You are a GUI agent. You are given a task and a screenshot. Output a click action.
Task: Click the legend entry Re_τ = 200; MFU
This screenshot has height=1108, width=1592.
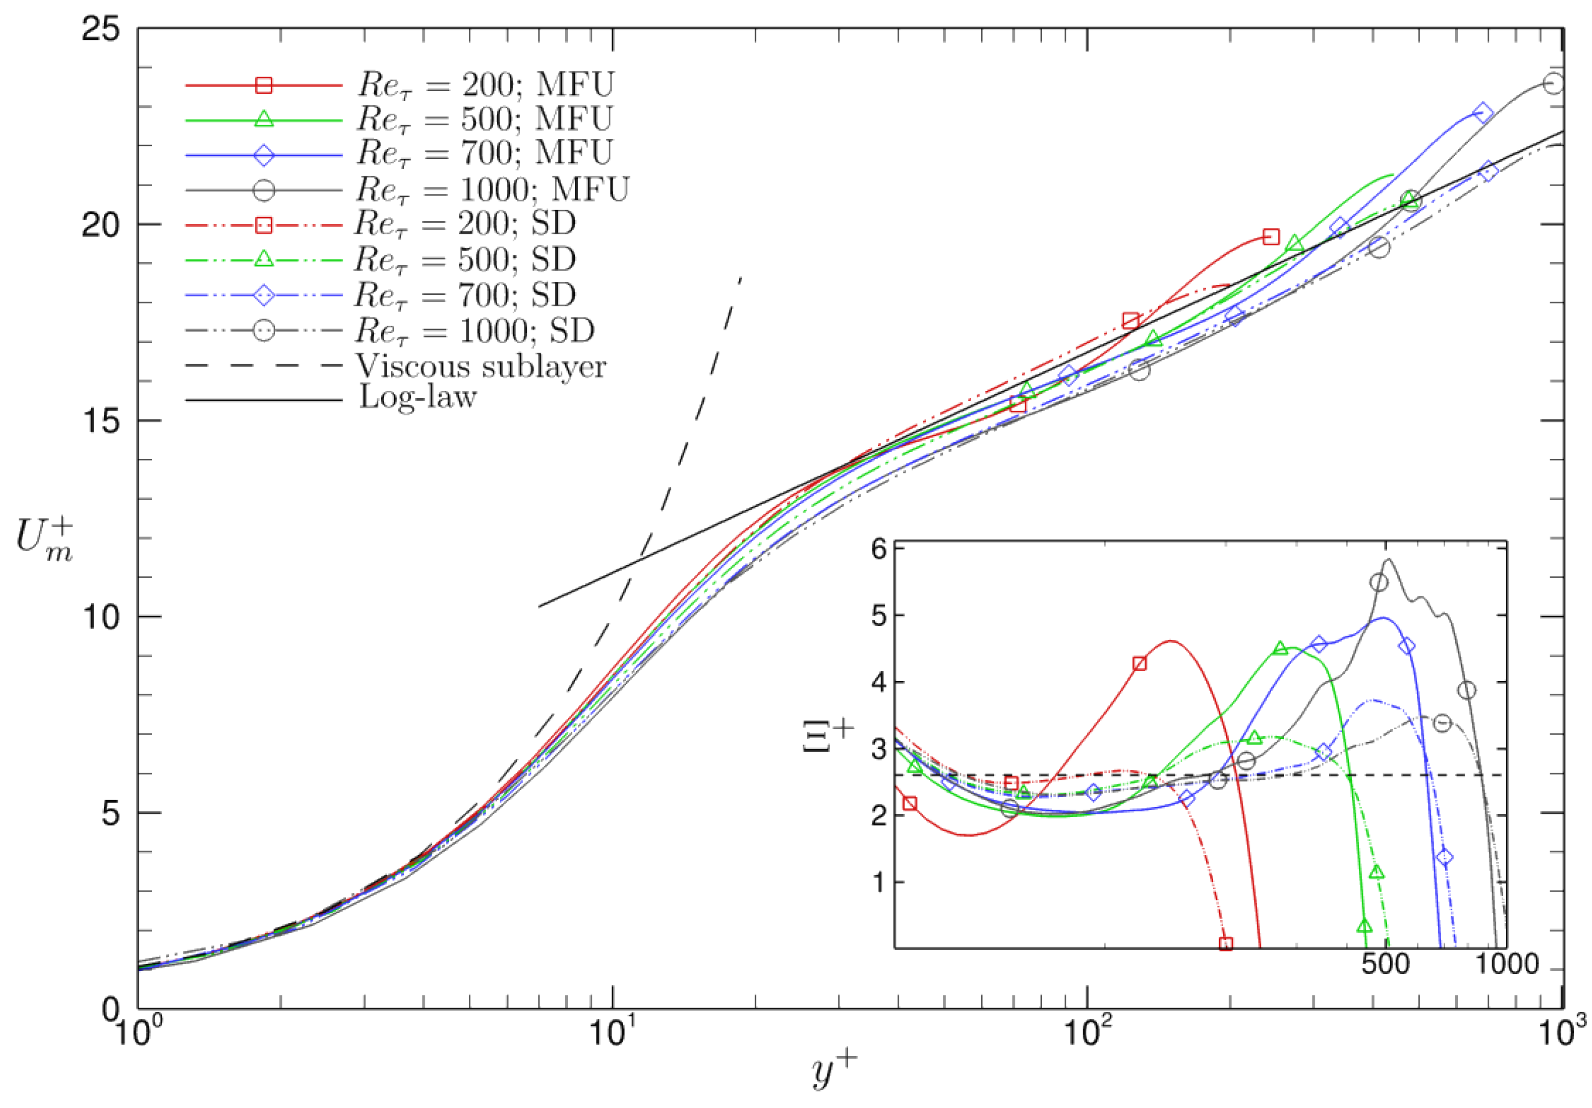486,85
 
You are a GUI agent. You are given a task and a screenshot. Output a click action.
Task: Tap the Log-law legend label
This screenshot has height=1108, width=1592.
417,398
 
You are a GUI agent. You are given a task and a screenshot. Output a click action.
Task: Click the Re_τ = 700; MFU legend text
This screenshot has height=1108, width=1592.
484,153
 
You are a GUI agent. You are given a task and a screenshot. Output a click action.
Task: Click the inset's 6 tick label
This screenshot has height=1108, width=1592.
879,550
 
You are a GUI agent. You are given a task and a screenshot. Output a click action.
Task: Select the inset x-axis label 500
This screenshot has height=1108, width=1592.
1385,965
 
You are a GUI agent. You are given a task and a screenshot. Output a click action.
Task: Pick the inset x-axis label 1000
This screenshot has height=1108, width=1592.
1506,965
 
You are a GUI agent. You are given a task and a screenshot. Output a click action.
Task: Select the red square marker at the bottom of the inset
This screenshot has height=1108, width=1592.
1226,944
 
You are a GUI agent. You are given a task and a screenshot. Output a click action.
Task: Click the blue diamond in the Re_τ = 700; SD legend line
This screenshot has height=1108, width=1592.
263,295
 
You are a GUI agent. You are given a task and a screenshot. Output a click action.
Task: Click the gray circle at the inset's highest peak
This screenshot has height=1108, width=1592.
1379,582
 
